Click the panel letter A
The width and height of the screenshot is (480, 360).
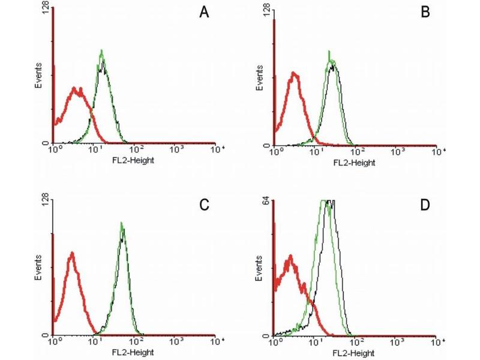pos(204,14)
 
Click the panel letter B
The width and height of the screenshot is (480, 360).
pos(426,13)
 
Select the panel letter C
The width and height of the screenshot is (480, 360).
pos(204,205)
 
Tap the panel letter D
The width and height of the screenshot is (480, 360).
pos(427,205)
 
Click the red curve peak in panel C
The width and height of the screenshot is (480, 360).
pos(71,253)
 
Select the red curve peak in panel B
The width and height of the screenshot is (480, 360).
pos(293,73)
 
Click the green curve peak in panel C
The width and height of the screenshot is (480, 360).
pos(122,223)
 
